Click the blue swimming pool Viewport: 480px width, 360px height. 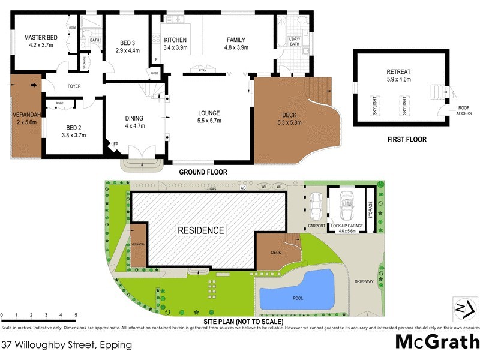[296, 289]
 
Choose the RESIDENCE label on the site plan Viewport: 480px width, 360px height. [200, 230]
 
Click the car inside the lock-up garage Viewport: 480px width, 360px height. [346, 207]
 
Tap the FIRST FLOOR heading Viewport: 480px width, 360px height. [406, 140]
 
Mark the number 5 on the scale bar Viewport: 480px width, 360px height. [76, 314]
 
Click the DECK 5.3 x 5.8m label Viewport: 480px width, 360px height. [292, 119]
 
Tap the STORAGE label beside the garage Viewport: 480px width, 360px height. [370, 211]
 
